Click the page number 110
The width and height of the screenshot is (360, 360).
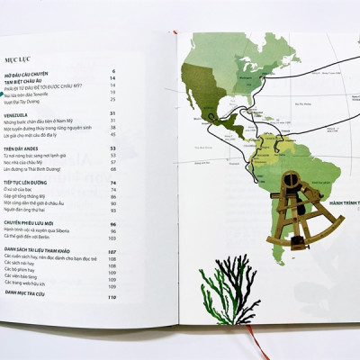coord(113,295)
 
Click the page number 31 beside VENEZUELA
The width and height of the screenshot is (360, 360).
coord(113,113)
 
